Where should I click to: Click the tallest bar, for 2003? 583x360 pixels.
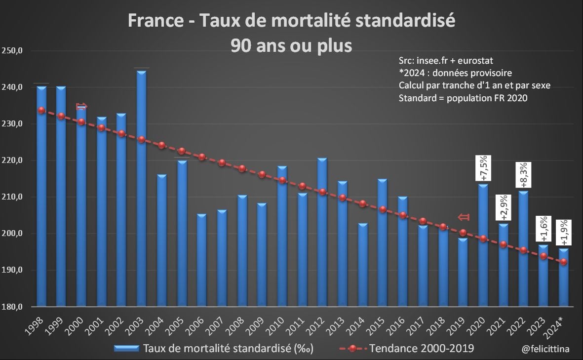(141, 188)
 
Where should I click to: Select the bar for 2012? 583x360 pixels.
(322, 232)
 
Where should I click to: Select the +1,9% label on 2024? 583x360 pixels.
(564, 232)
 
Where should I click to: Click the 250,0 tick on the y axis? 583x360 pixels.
(13, 51)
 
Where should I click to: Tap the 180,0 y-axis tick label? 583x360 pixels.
(13, 307)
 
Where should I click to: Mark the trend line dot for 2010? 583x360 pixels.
(282, 180)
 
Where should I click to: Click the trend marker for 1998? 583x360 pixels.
(41, 110)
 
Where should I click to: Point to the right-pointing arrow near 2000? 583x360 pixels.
(81, 106)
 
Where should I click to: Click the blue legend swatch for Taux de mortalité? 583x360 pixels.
(126, 349)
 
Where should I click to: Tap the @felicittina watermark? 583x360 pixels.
(545, 349)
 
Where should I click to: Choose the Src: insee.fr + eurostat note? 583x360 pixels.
(446, 60)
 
